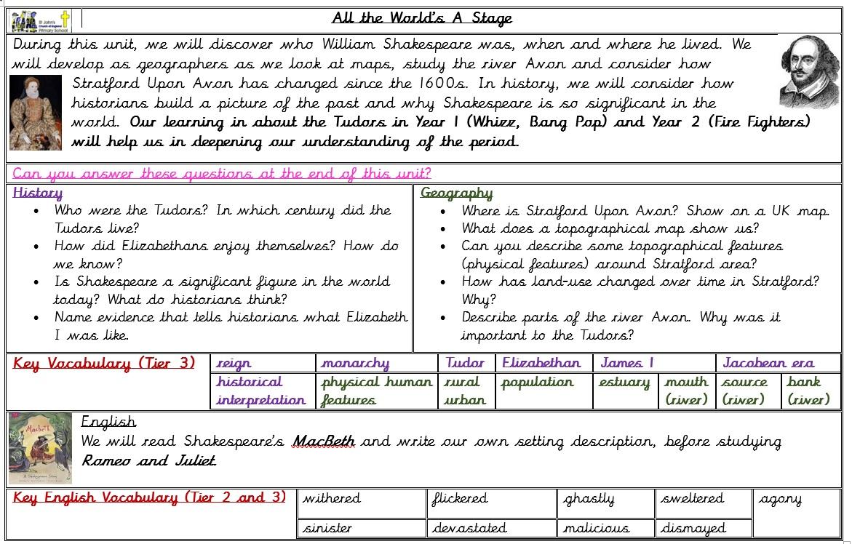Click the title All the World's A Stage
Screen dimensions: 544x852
click(x=422, y=18)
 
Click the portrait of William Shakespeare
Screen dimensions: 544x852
click(x=808, y=72)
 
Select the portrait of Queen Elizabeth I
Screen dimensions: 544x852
click(x=36, y=112)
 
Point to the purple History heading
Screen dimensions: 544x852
click(x=38, y=193)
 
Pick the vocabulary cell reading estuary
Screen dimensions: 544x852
click(x=624, y=382)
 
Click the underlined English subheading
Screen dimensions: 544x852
click(x=108, y=422)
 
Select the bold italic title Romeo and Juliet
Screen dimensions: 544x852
click(x=148, y=460)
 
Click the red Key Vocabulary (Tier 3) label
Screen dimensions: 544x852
click(x=104, y=364)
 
